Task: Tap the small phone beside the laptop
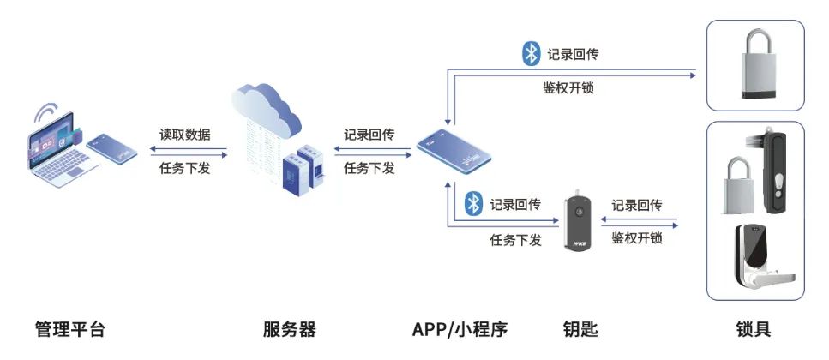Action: (x=112, y=147)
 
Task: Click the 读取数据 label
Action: (x=184, y=135)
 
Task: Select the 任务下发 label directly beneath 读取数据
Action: (x=184, y=168)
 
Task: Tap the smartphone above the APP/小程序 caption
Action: (x=453, y=153)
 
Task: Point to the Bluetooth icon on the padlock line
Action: (x=532, y=53)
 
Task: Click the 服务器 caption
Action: (x=290, y=329)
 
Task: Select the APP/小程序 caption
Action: (x=460, y=329)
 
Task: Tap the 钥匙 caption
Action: (x=580, y=329)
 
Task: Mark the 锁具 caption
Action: (x=754, y=329)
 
